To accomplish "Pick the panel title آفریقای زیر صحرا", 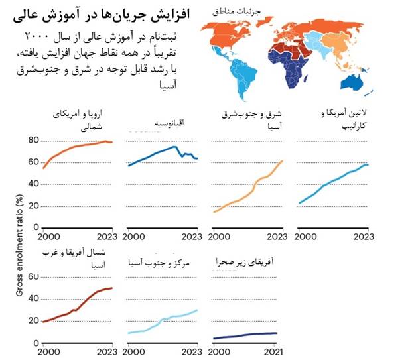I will tap(245, 263).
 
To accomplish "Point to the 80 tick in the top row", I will tap(33, 141).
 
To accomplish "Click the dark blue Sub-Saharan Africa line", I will tap(245, 335).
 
